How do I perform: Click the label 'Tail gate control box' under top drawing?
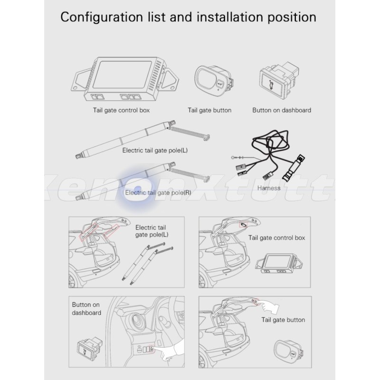point(121,110)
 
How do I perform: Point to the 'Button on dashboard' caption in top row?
point(282,110)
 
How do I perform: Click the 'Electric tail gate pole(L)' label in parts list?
point(155,151)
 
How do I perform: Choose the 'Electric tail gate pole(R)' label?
point(158,193)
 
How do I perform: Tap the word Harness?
point(268,188)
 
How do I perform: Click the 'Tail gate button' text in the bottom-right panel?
point(283,320)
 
